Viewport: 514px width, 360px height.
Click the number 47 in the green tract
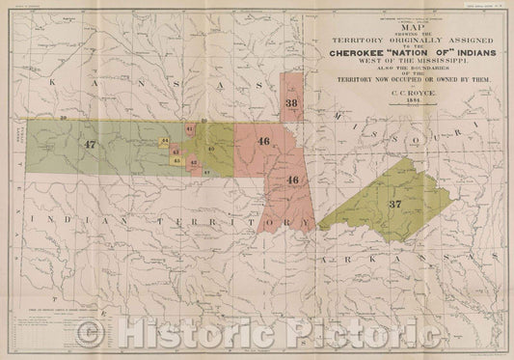tap(91, 144)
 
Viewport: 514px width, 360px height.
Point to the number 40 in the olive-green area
tap(210, 148)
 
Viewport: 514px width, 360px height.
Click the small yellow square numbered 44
tap(166, 141)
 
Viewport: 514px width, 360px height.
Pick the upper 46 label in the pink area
tap(264, 142)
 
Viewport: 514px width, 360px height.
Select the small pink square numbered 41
tap(190, 128)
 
